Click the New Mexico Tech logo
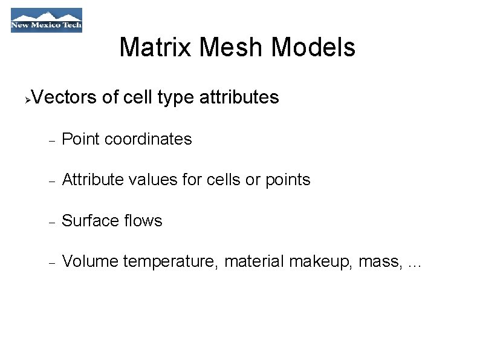click(47, 20)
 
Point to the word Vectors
click(63, 97)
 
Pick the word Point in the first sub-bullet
click(81, 139)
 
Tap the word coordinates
click(148, 139)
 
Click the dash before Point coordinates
click(52, 140)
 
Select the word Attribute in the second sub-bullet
click(92, 180)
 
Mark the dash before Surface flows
click(52, 222)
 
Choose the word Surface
click(86, 221)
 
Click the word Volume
click(90, 261)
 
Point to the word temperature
click(172, 261)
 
